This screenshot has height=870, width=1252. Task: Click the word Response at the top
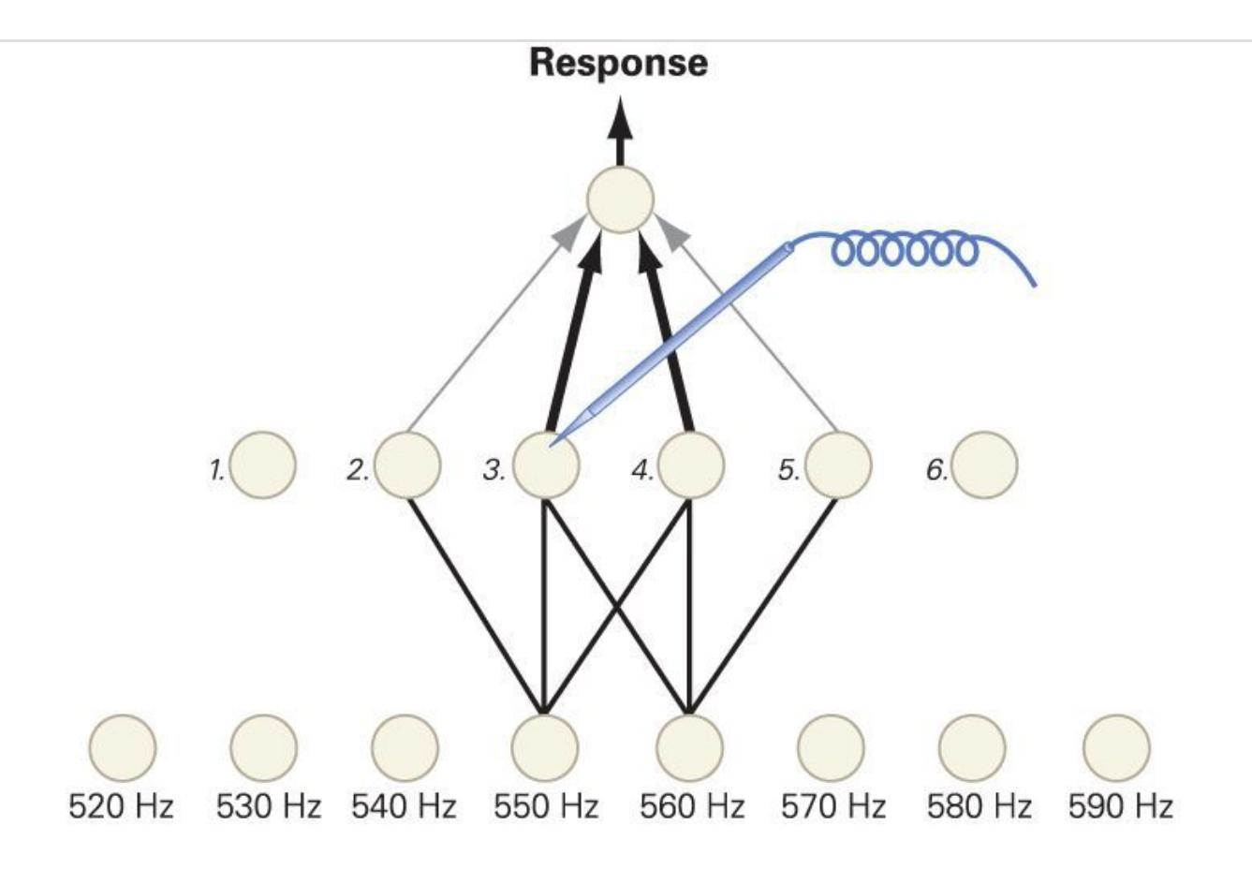[618, 63]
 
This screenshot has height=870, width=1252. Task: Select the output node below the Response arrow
[619, 199]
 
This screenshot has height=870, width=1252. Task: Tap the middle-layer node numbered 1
[263, 464]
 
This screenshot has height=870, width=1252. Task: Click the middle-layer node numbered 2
[407, 464]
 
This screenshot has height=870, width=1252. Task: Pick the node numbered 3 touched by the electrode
[546, 465]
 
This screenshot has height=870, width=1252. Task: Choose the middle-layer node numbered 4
[691, 465]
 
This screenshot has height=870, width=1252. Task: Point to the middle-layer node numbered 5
[838, 465]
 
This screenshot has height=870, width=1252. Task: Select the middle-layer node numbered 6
[984, 464]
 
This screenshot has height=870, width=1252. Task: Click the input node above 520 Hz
[123, 747]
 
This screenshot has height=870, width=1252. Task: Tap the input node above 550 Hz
[545, 747]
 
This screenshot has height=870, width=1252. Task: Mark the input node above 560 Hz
[689, 747]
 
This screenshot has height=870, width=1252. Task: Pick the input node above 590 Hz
[1116, 747]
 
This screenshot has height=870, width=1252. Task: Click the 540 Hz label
[404, 806]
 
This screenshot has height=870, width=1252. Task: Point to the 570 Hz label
[833, 806]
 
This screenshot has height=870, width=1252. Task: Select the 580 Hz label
[980, 806]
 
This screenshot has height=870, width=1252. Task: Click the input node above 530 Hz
[263, 747]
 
